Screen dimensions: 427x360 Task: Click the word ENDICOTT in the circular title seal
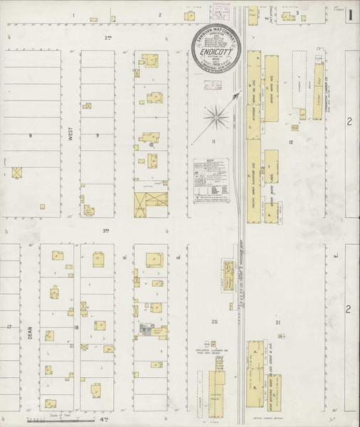[x=215, y=51]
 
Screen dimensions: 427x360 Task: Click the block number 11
[x=213, y=143]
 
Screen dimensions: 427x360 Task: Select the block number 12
[x=291, y=143]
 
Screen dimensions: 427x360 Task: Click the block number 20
[x=213, y=322]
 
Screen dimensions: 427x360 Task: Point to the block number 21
[x=278, y=322]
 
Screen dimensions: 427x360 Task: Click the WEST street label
[x=70, y=135]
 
